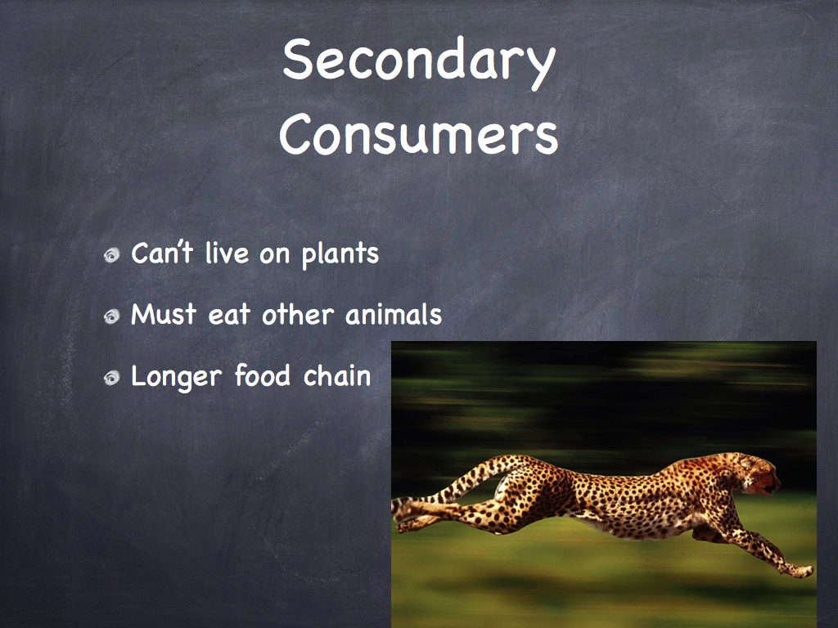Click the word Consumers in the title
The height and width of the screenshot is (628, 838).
coord(418,134)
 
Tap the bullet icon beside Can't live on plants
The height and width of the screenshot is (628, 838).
coord(111,255)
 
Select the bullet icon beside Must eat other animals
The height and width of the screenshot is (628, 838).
coord(111,316)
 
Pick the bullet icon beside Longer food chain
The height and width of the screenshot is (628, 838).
coord(111,378)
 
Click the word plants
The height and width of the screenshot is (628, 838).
coord(340,255)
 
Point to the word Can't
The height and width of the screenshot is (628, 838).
coord(162,253)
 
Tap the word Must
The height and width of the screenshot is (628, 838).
coord(164,314)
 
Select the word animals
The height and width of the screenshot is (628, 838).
coord(394,314)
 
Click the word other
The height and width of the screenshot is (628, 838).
coord(298,314)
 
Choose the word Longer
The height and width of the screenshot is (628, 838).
coord(177,377)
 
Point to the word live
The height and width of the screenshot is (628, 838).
coord(228,253)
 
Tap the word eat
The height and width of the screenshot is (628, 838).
coord(229,315)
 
